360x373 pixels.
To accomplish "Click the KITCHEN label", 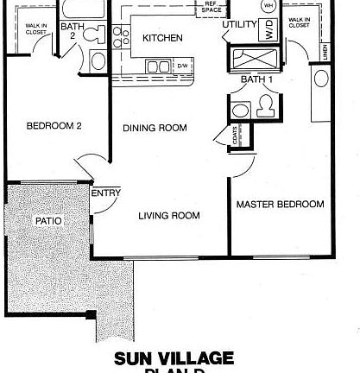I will pos(161,38).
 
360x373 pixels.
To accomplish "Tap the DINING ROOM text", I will pos(155,129).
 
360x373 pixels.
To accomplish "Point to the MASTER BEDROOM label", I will pos(281,205).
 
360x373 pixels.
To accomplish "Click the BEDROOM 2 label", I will pos(54,125).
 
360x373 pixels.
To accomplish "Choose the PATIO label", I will pos(47,221).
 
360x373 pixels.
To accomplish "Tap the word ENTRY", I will pos(105,193).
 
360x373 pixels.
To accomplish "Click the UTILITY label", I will pos(239,23).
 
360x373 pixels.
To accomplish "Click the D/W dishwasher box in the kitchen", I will pos(182,65).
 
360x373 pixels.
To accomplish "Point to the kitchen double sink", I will pos(157,66).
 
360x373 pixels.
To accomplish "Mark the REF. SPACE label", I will pos(211,6).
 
